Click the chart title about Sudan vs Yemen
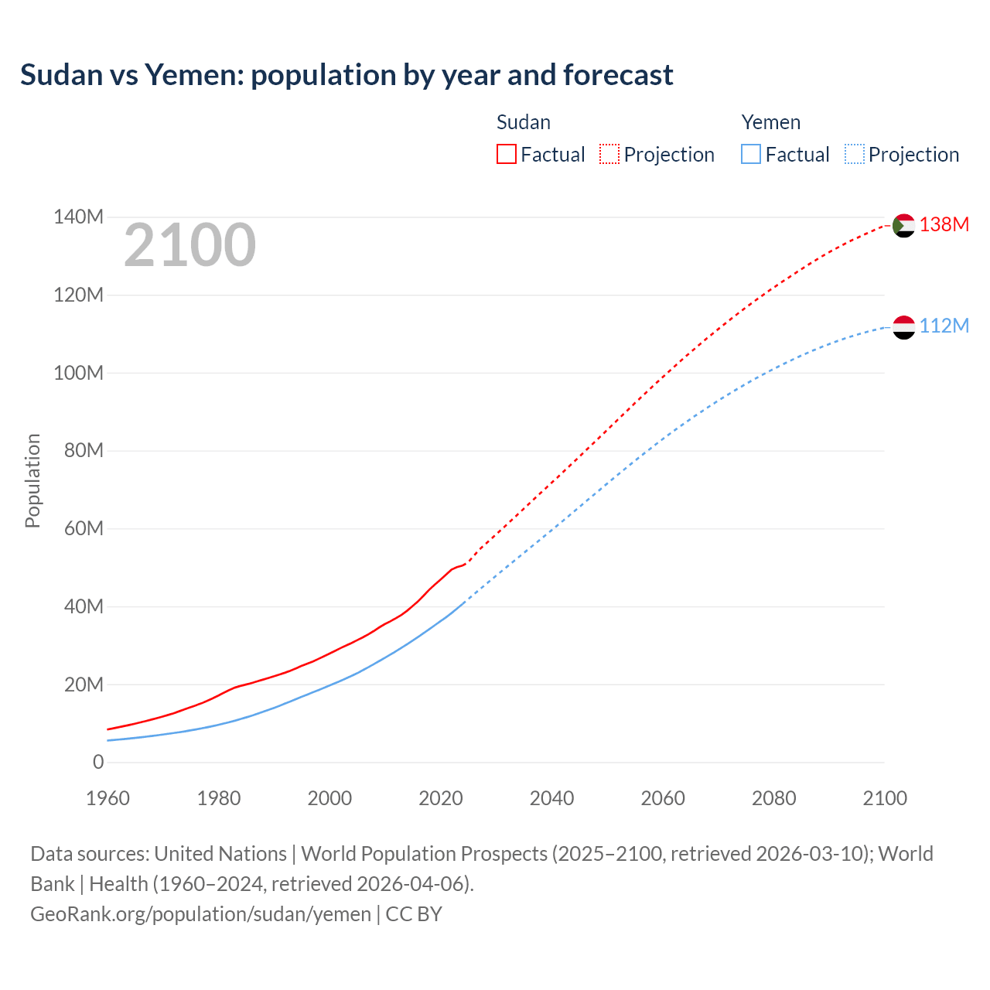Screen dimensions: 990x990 346,75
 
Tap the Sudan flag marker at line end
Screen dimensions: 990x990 903,225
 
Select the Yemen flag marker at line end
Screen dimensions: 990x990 903,327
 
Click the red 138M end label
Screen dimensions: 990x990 944,224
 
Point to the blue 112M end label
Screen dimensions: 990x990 944,326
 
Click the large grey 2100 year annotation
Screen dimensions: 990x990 189,245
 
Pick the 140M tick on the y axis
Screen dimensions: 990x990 78,217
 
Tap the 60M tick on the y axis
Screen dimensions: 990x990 84,528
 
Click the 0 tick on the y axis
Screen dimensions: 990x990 98,762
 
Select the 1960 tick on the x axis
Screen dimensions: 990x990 108,798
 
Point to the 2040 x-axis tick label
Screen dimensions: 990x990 551,798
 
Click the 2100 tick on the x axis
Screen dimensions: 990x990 884,798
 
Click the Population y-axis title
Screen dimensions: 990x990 32,480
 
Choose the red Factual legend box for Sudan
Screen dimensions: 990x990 506,154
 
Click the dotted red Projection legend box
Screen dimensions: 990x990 609,154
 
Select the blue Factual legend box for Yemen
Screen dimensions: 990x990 751,154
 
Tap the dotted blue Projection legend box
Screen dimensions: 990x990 854,154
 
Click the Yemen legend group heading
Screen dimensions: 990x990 770,122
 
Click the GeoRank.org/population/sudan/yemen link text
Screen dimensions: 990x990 200,913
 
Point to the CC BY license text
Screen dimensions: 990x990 414,913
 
